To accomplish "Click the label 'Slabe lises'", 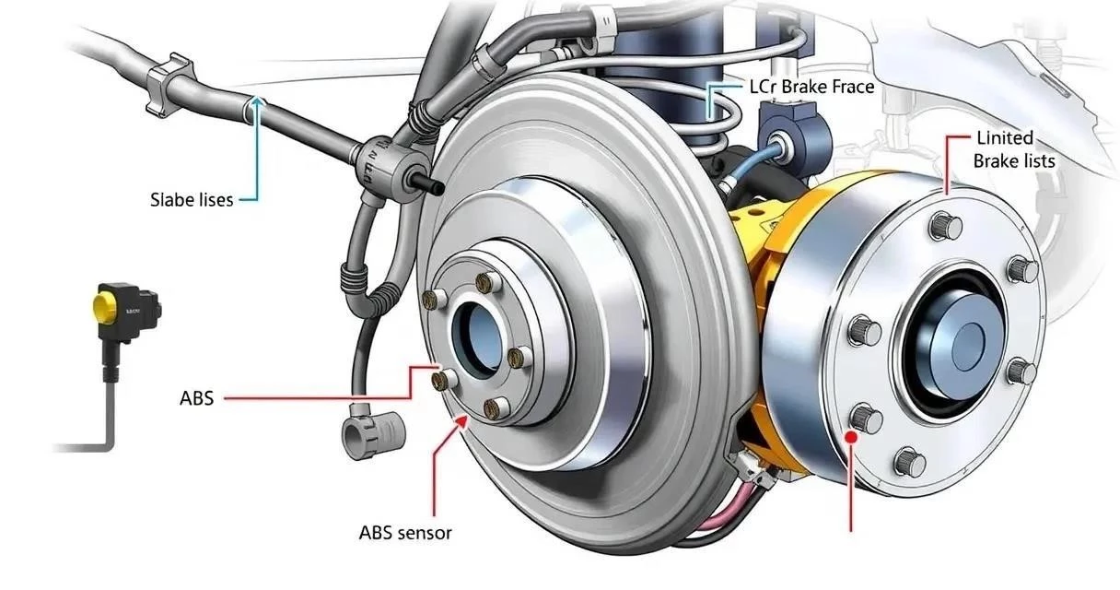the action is click(x=192, y=200).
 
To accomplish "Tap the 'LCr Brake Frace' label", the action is click(x=812, y=87).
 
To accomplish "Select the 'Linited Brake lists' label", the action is click(x=1014, y=149).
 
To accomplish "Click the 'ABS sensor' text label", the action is click(x=405, y=533).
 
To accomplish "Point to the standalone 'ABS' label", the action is click(x=196, y=398).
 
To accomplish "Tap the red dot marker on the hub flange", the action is click(x=851, y=437).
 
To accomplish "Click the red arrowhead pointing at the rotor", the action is click(x=462, y=422).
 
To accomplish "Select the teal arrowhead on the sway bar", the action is click(x=257, y=104).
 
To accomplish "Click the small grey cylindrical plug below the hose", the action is click(x=374, y=434).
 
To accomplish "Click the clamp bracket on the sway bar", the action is click(x=168, y=83).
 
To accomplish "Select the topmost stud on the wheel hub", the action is click(x=946, y=226).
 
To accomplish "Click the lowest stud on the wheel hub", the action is click(x=910, y=462).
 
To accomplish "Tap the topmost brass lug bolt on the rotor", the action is click(x=484, y=283).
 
